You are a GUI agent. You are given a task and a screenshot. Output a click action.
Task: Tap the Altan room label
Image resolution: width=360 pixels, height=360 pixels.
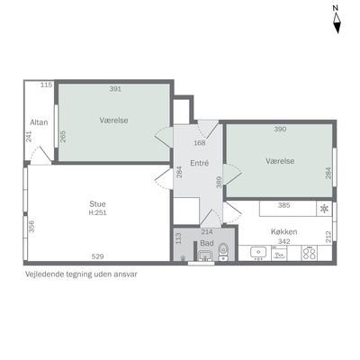[39, 122]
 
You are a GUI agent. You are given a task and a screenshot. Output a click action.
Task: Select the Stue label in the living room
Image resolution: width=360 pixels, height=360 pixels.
[97, 204]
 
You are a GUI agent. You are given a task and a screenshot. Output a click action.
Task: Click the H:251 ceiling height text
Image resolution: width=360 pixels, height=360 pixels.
[98, 213]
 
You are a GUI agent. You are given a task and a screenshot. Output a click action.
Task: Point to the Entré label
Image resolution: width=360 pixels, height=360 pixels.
[200, 163]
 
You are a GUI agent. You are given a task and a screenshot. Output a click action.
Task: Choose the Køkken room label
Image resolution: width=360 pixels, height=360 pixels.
[283, 231]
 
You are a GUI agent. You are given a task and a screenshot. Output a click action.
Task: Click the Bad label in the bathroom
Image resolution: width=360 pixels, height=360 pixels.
[207, 243]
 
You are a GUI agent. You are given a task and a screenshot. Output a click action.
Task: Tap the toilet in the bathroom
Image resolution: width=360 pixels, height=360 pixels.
[223, 252]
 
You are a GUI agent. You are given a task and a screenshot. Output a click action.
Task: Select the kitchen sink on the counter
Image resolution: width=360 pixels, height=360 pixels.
[258, 253]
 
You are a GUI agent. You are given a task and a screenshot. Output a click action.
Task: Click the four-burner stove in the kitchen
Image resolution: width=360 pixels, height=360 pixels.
[310, 253]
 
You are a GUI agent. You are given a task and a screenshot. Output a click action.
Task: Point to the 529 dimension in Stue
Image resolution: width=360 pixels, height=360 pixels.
[97, 256]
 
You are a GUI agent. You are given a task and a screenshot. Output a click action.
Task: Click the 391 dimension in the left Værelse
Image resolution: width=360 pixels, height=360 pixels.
[115, 89]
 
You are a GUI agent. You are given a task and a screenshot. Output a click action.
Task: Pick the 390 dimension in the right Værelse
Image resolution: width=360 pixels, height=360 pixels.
[280, 129]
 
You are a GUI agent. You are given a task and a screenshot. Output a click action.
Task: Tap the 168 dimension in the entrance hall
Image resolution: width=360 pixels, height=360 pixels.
[200, 143]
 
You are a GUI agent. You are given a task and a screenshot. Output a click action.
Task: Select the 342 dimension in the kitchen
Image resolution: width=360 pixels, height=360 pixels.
[283, 241]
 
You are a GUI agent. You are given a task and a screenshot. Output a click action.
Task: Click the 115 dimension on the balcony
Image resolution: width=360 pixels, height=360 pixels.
[47, 85]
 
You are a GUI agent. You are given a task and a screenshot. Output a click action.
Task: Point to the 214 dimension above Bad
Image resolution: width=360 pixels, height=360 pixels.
[207, 231]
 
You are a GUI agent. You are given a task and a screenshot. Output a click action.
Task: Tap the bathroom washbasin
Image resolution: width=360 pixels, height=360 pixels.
[206, 256]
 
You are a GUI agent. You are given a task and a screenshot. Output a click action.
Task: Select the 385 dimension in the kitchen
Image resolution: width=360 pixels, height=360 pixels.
[283, 205]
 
